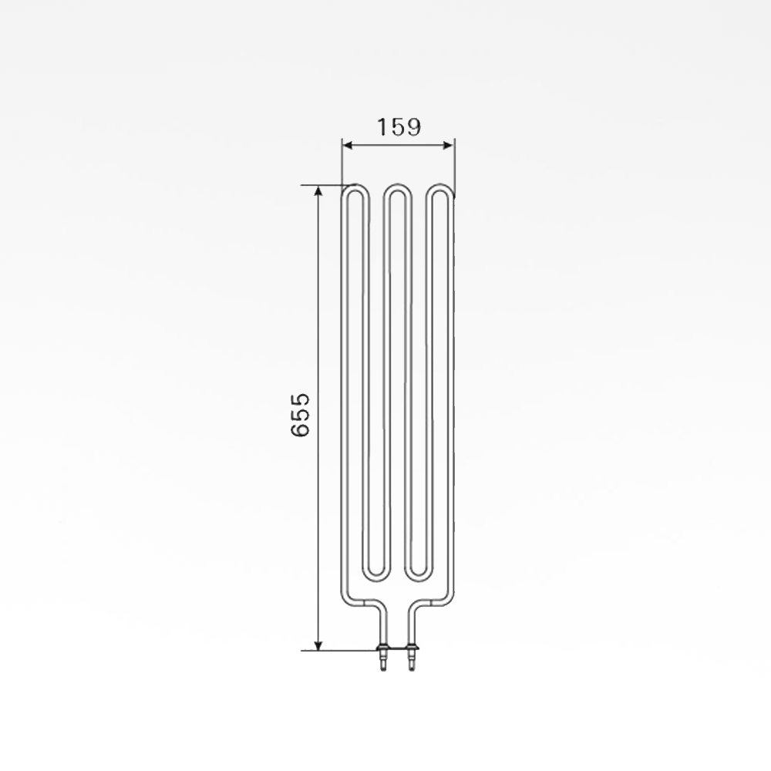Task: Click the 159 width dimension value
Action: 399,127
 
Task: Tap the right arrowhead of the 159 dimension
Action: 448,145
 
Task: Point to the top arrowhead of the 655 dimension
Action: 318,191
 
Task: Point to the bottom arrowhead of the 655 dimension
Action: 318,645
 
